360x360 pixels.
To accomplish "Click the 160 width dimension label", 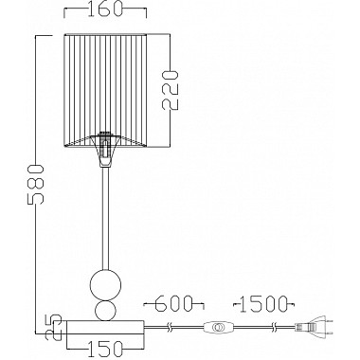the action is (x=104, y=9).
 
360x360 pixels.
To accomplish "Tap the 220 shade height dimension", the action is (x=171, y=90).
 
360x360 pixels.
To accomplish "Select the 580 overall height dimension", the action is (x=35, y=184).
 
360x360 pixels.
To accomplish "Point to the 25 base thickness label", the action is (x=53, y=327).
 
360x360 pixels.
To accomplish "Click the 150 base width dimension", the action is (x=104, y=349).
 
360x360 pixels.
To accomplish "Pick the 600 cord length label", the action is (x=174, y=303).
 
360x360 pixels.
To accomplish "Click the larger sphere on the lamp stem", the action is (x=104, y=283).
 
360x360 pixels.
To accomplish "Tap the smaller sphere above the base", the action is (x=104, y=310).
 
